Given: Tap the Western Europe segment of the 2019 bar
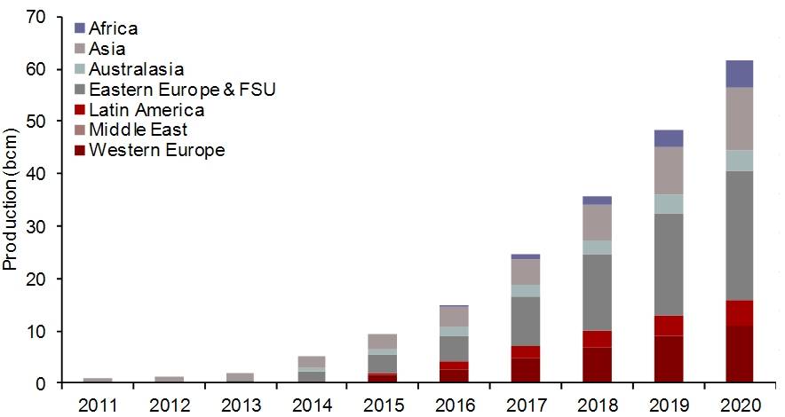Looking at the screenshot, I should click(669, 359).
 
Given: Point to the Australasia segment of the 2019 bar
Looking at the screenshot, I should click(669, 204).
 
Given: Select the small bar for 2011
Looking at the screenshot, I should click(97, 380).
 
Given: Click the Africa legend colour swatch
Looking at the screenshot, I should click(80, 28).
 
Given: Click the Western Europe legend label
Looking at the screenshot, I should click(156, 151).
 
